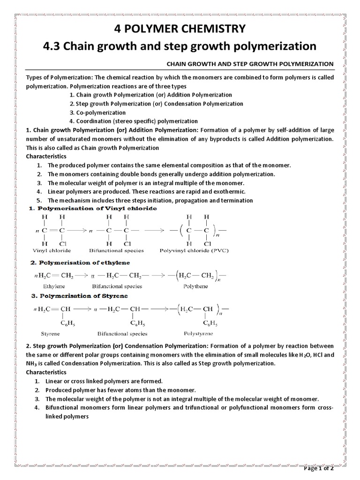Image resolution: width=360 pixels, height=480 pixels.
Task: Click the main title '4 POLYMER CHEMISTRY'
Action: [x=180, y=29]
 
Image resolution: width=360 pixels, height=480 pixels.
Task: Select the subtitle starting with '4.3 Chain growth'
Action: [x=180, y=46]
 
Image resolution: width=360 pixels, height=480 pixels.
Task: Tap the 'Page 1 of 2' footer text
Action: [x=325, y=468]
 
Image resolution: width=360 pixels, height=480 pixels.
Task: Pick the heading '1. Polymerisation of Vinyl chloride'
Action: [x=90, y=208]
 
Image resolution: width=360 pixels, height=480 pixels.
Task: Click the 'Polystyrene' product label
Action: [x=199, y=333]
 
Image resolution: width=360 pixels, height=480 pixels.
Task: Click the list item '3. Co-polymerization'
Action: [x=97, y=112]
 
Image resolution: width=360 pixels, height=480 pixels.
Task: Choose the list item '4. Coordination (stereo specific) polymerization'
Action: [x=134, y=121]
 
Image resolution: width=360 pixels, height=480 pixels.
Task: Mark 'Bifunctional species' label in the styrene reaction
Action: [x=122, y=334]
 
